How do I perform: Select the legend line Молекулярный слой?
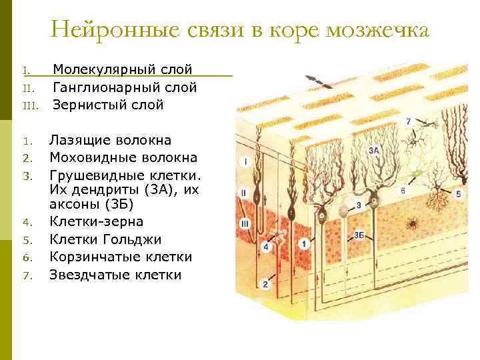[x=123, y=69]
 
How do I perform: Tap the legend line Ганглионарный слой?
[x=125, y=87]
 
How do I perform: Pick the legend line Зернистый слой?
[x=108, y=105]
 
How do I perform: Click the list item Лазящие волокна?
[x=110, y=140]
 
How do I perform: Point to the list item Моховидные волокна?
[x=123, y=157]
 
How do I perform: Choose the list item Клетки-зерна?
[x=96, y=221]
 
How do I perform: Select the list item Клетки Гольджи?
[x=105, y=239]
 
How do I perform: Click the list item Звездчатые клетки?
[x=115, y=274]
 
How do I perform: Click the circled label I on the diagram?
[x=245, y=161]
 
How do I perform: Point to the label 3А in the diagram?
[x=373, y=151]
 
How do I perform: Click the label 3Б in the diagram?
[x=359, y=235]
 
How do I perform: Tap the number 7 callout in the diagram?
[x=408, y=122]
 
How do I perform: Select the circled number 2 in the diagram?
[x=265, y=285]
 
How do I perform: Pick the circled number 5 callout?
[x=458, y=194]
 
